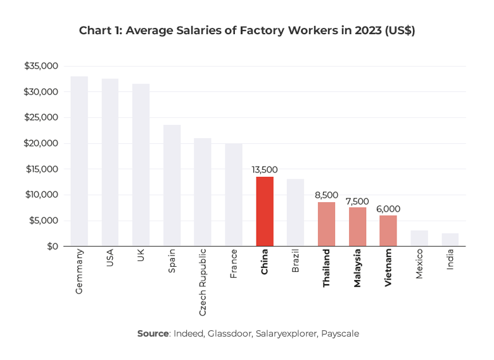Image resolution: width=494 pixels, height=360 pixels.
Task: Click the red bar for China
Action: click(x=265, y=211)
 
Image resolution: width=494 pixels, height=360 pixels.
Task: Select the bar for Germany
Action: click(x=79, y=161)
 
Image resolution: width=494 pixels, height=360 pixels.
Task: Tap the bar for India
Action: click(x=450, y=240)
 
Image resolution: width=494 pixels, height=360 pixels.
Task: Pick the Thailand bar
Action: click(x=326, y=224)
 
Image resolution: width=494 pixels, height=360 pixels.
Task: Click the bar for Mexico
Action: click(x=419, y=238)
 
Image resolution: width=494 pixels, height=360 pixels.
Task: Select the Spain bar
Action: click(x=172, y=185)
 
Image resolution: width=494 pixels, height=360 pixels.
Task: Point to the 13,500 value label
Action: click(x=265, y=170)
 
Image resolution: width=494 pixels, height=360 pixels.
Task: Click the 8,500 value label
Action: click(x=326, y=195)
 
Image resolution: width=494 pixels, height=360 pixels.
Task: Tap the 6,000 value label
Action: click(x=388, y=209)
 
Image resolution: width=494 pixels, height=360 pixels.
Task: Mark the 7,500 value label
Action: click(x=357, y=201)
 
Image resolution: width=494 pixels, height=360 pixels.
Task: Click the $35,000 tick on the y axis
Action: click(x=41, y=66)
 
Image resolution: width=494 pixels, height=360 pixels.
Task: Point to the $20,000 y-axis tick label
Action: click(x=41, y=143)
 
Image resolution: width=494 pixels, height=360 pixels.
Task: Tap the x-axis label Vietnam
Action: click(x=388, y=269)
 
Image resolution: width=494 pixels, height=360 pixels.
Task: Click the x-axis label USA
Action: click(x=110, y=260)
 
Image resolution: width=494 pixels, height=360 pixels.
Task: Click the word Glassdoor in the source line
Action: click(x=232, y=333)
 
